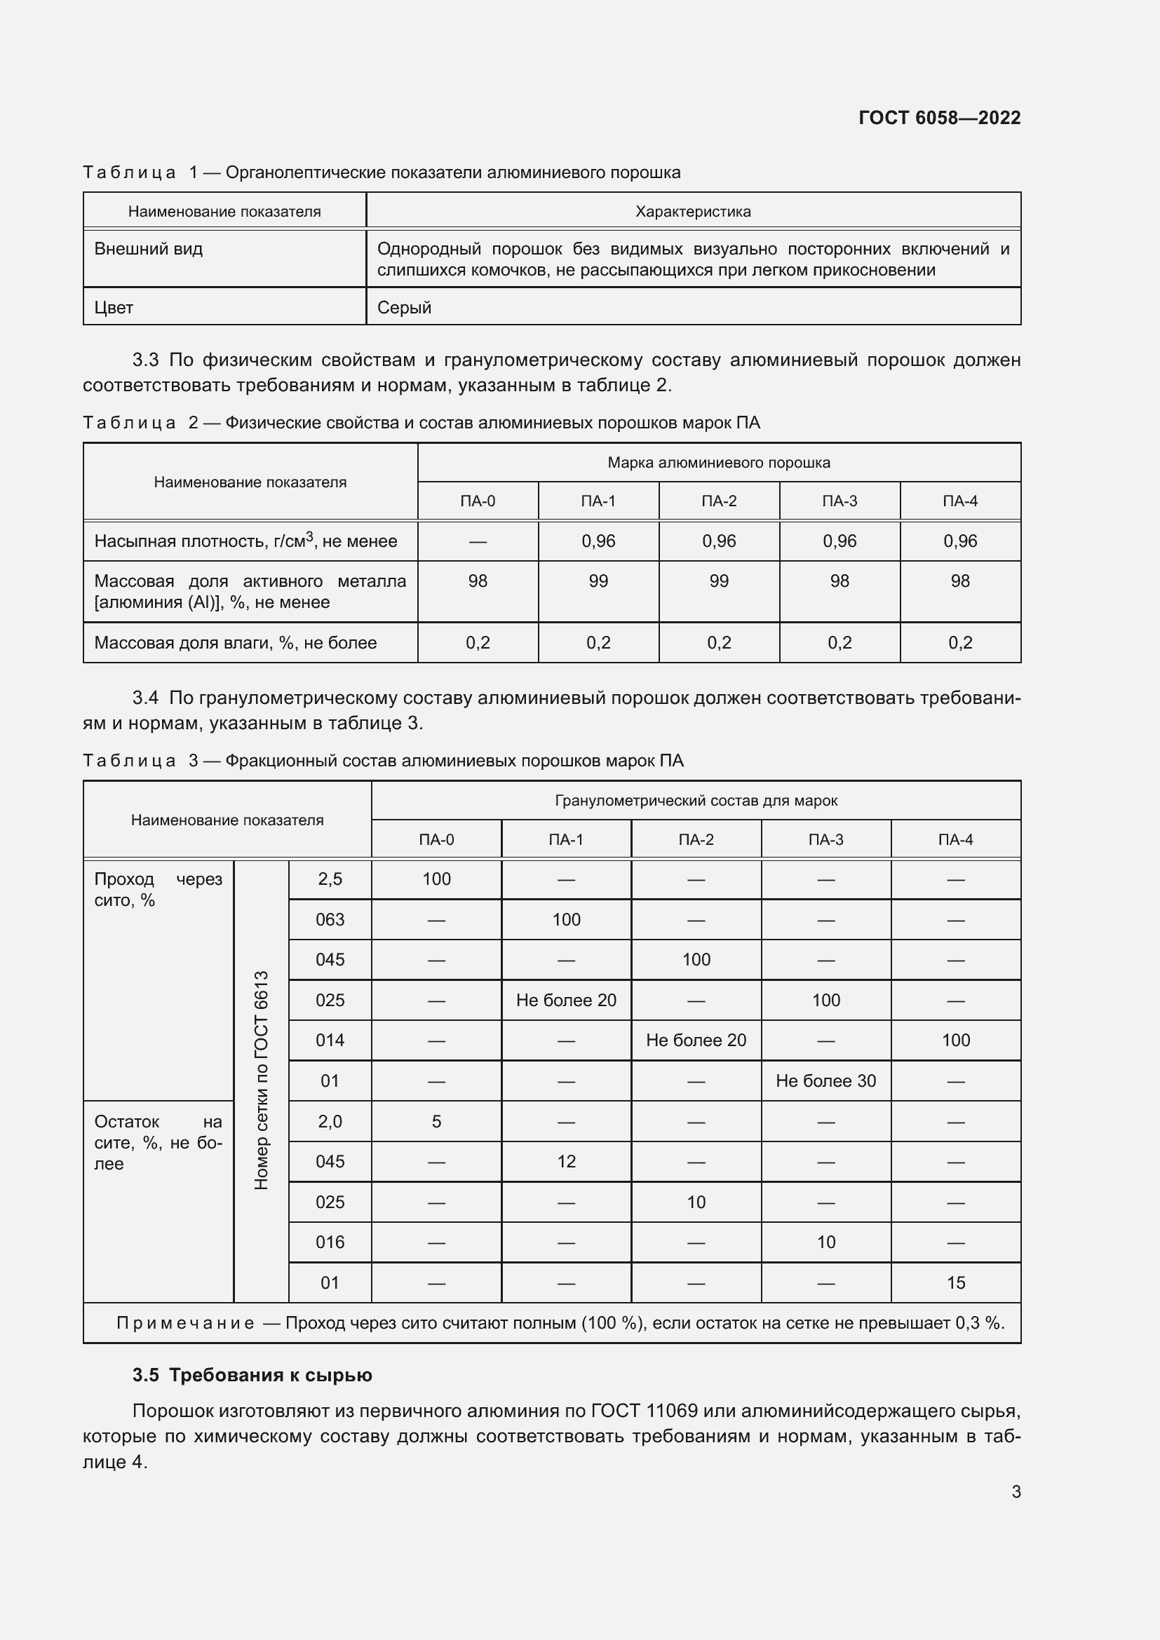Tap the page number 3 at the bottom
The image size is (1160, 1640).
point(1016,1491)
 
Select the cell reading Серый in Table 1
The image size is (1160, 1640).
point(404,308)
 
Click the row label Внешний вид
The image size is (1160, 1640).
point(149,250)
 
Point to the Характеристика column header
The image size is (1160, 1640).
point(692,212)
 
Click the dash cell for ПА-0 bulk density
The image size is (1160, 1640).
point(478,542)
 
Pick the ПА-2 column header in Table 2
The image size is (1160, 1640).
point(719,501)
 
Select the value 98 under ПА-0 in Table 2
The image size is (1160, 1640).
point(478,581)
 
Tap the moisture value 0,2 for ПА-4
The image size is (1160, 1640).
point(959,643)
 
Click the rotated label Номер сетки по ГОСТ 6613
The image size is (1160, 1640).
point(262,1080)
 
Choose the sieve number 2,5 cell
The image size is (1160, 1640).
point(330,879)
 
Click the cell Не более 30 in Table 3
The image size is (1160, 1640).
point(825,1081)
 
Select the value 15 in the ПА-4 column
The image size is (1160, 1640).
point(955,1284)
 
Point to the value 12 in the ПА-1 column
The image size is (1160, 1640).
point(566,1162)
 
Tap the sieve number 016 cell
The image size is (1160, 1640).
point(330,1243)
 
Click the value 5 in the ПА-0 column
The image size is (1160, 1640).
point(436,1122)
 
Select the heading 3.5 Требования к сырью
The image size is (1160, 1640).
point(252,1376)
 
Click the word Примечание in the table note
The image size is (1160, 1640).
point(185,1324)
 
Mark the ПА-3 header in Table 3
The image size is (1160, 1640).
point(825,840)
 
